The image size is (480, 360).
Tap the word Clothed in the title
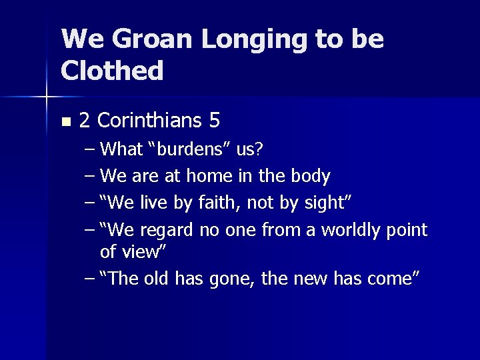pyautogui.click(x=112, y=70)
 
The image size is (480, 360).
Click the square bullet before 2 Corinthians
pyautogui.click(x=65, y=122)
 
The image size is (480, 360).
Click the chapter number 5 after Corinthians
pyautogui.click(x=214, y=121)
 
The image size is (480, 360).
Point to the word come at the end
pyautogui.click(x=394, y=279)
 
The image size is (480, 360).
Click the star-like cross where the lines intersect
pyautogui.click(x=47, y=97)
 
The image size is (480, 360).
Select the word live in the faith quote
pyautogui.click(x=151, y=203)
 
